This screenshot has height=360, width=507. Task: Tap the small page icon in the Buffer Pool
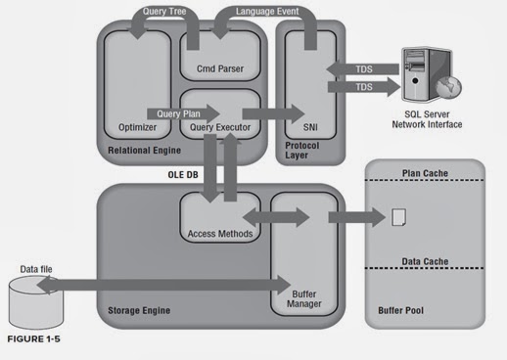coord(399,217)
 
